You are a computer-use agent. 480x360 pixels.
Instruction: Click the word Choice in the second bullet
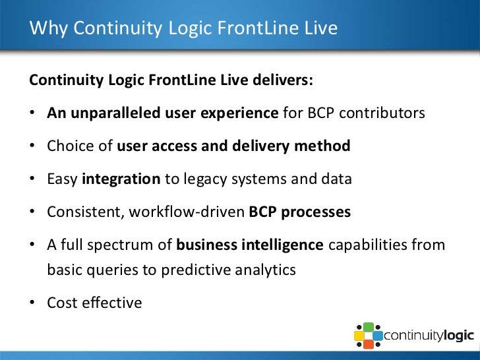(x=68, y=146)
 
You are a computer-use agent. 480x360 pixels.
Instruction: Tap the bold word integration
(x=121, y=179)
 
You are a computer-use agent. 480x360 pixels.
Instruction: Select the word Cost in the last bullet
(x=61, y=303)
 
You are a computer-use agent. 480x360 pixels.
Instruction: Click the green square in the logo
(x=369, y=327)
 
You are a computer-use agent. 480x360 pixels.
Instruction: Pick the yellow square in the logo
(x=360, y=336)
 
